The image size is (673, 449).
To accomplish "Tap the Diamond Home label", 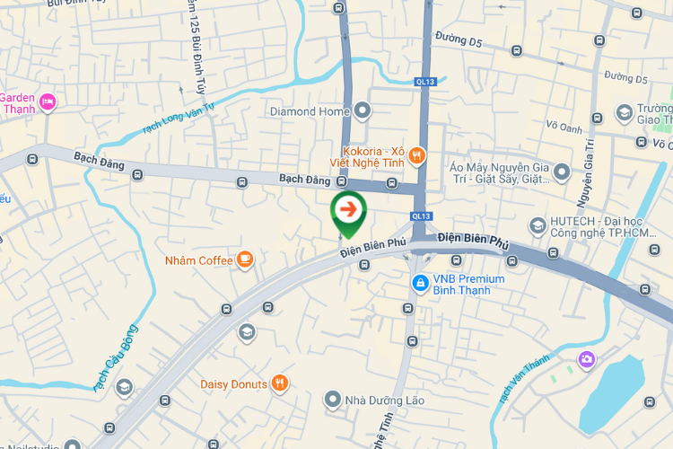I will click(309, 111).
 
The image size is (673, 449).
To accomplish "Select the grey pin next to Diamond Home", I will click(363, 111).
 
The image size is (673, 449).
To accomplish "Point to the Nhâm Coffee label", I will click(198, 260).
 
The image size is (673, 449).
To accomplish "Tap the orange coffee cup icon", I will click(245, 260).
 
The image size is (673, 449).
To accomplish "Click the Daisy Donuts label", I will click(233, 384).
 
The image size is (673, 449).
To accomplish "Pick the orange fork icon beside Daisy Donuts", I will click(280, 384).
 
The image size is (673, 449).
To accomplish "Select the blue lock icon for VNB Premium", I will click(419, 283).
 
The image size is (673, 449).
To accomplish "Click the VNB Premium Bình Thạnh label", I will click(468, 284).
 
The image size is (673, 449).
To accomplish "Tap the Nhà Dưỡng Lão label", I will click(387, 400).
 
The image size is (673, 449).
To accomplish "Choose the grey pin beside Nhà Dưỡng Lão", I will click(333, 398).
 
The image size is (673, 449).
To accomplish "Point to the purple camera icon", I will click(586, 359).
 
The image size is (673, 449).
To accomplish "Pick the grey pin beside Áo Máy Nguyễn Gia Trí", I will click(562, 172).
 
